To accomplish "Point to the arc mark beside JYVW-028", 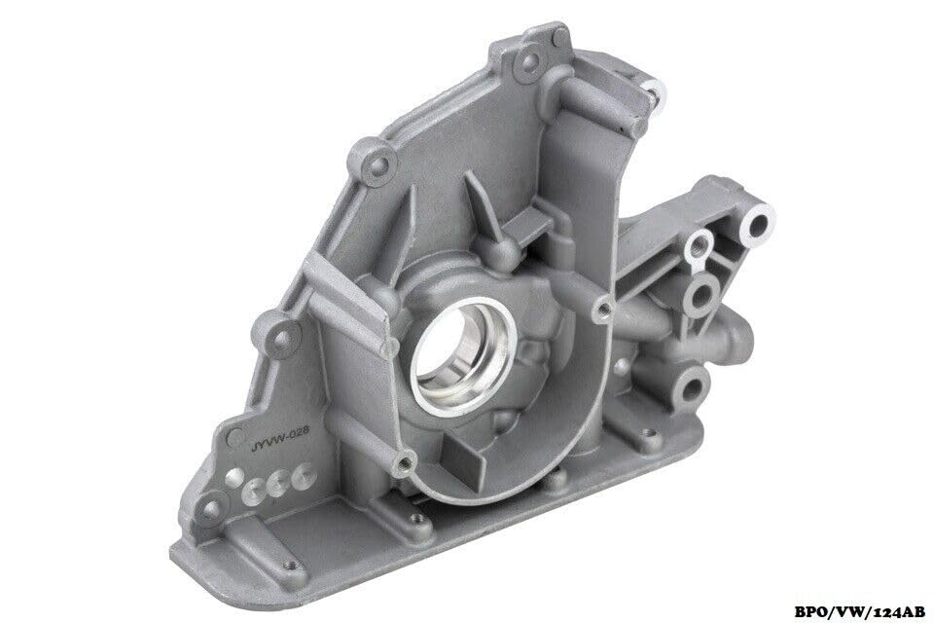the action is (235, 435).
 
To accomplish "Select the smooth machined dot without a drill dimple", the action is (234, 478).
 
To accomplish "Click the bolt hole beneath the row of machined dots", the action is (212, 510).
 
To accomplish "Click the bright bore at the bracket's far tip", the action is (758, 226).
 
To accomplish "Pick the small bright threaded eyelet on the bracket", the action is (699, 244).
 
